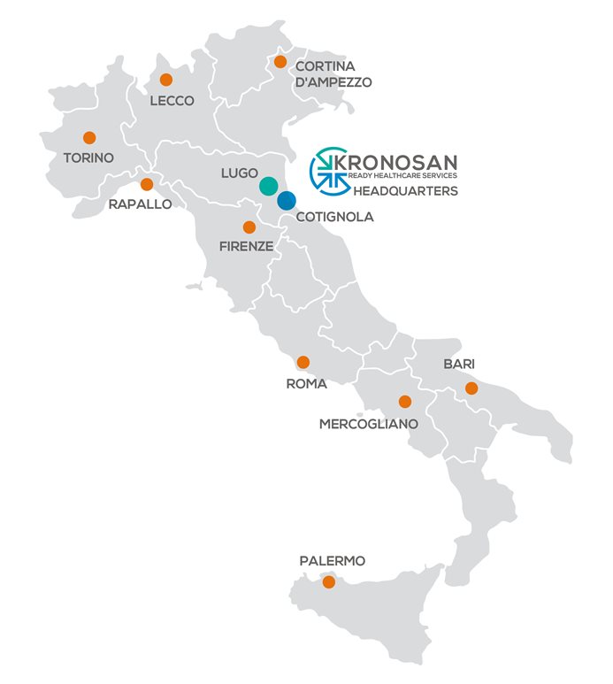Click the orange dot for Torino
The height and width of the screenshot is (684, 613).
[x=89, y=137]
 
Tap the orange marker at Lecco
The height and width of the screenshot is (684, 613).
[x=165, y=80]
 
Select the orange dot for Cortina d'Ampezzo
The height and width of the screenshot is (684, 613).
[x=280, y=62]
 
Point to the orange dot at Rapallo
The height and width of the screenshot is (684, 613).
[x=147, y=184]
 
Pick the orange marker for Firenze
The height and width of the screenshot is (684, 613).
[x=249, y=227]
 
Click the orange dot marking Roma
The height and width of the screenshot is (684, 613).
[x=303, y=362]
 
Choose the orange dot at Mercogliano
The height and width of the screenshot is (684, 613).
[x=405, y=401]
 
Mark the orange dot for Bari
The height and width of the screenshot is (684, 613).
[x=471, y=388]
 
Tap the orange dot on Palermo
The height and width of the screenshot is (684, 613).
[x=329, y=581]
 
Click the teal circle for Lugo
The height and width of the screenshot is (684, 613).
[x=268, y=186]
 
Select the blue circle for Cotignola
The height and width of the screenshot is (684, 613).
[x=286, y=201]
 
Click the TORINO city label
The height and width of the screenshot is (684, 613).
[x=88, y=158]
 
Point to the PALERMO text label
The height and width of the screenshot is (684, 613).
[x=332, y=561]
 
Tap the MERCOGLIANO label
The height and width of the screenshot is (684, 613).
[x=368, y=424]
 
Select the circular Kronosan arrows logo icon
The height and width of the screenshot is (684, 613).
[x=328, y=169]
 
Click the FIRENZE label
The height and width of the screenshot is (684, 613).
[x=246, y=247]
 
